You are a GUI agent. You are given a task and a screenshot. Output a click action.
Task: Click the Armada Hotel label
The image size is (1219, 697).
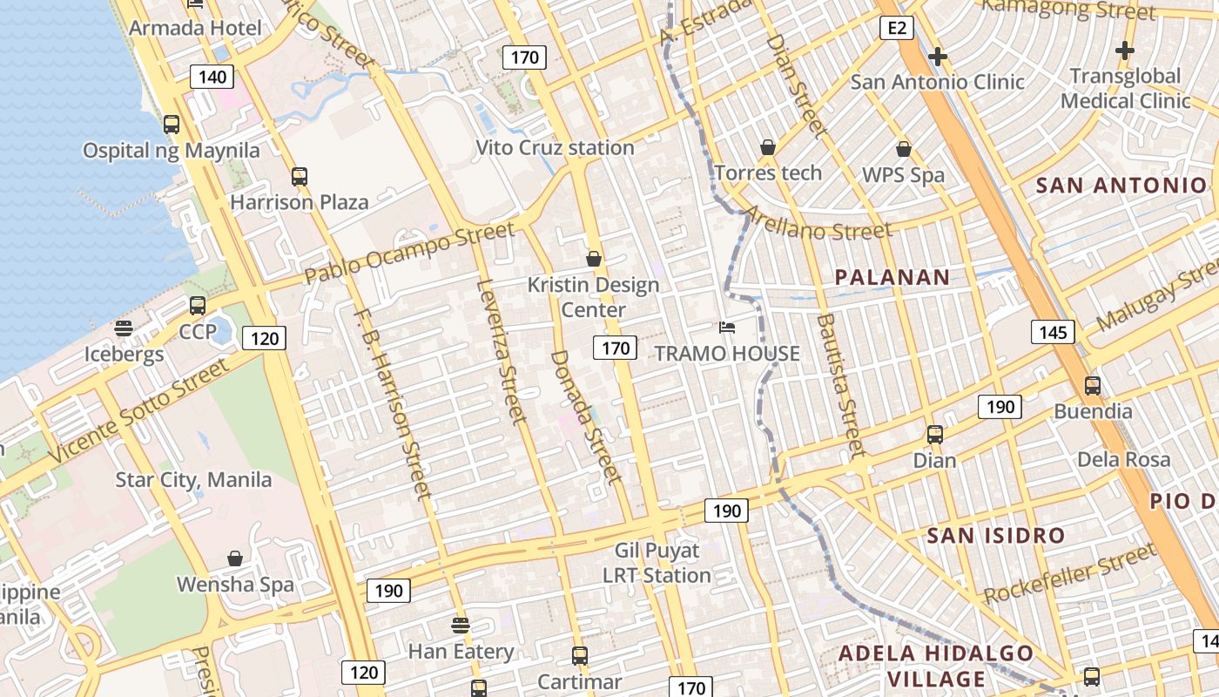click(x=195, y=28)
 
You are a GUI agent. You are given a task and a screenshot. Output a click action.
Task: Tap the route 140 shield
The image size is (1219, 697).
click(x=212, y=77)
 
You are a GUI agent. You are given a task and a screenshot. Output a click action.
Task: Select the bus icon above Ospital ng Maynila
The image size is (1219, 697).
click(x=172, y=124)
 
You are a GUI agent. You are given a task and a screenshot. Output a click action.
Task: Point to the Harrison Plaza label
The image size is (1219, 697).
click(x=299, y=202)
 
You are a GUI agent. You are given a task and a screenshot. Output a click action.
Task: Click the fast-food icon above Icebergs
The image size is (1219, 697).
click(x=124, y=328)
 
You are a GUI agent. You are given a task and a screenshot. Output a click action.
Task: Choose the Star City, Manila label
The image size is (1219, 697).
click(x=193, y=480)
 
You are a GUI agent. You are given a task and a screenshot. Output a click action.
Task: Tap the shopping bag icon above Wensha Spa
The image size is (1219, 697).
click(x=234, y=558)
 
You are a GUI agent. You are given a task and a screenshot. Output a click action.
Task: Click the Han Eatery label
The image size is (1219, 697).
click(x=461, y=651)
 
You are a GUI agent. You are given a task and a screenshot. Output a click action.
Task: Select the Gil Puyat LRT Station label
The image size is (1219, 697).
click(x=657, y=563)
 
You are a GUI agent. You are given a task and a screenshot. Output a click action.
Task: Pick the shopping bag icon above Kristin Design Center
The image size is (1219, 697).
click(x=594, y=259)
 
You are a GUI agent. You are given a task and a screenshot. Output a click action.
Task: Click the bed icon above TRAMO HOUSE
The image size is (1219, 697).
click(x=727, y=328)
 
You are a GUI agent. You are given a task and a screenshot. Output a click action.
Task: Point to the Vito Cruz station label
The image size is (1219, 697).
click(x=555, y=147)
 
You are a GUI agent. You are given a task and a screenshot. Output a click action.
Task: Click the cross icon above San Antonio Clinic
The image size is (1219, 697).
click(x=938, y=58)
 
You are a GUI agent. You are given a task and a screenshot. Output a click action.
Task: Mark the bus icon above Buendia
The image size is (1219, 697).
click(x=1093, y=385)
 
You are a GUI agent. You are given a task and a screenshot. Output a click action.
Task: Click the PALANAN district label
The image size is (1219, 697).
click(x=892, y=277)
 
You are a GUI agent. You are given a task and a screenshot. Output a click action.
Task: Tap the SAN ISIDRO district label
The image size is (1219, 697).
click(x=996, y=535)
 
